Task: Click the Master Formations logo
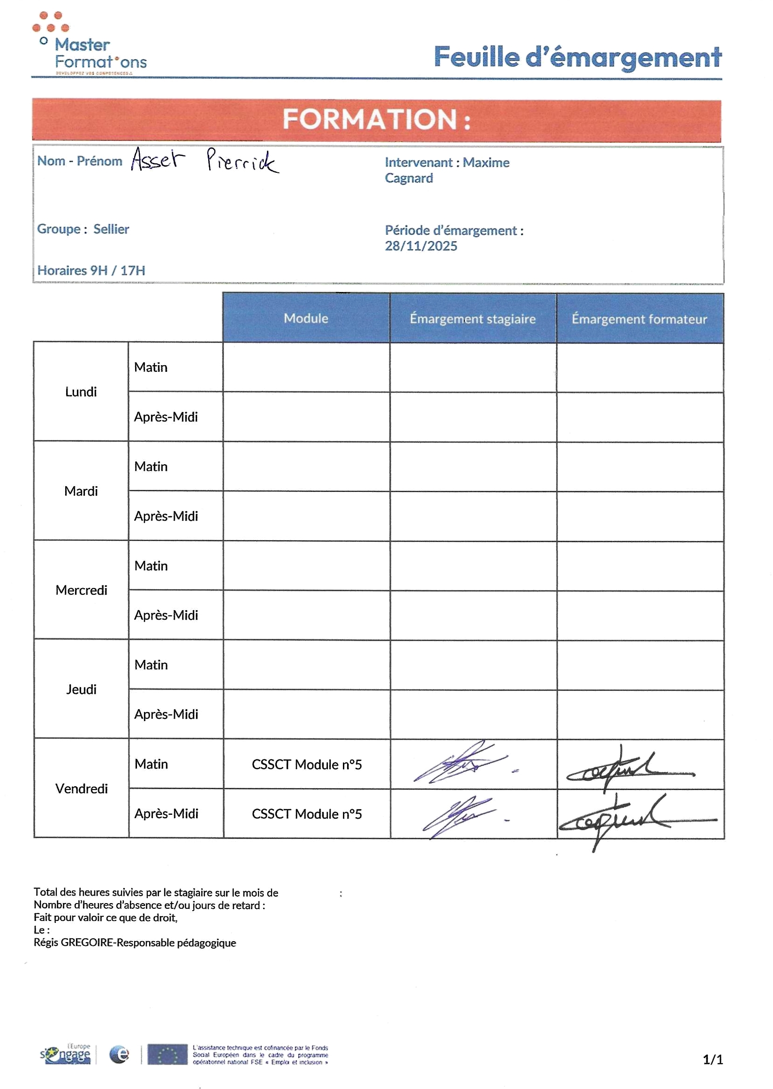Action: click(x=89, y=45)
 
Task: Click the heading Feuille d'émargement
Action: click(x=577, y=57)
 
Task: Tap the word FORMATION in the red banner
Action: click(x=370, y=119)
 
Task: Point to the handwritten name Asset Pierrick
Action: click(x=205, y=160)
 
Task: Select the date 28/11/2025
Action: click(x=421, y=246)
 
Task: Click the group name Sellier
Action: click(x=111, y=229)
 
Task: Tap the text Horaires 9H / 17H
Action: click(x=91, y=270)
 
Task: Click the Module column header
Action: click(x=306, y=318)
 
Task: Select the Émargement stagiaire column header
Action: click(x=473, y=319)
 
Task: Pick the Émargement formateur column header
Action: click(x=639, y=319)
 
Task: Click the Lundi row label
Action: click(x=81, y=391)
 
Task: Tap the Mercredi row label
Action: click(x=82, y=590)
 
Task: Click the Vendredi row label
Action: click(x=82, y=789)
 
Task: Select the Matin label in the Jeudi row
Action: click(x=151, y=665)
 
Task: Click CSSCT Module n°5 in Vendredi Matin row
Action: click(x=307, y=764)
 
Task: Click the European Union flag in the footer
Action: click(x=167, y=1055)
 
